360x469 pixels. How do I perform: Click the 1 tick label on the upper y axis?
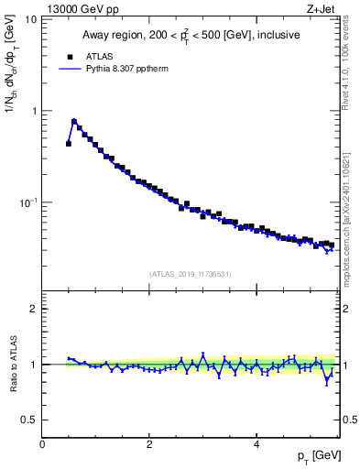coord(35,111)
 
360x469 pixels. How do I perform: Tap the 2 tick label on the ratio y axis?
coord(35,309)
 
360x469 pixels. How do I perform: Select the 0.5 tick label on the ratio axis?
coord(30,420)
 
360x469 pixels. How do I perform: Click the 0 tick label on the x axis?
coord(43,444)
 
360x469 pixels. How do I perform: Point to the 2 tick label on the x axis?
coord(149,444)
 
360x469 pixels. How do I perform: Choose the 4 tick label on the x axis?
coord(256,444)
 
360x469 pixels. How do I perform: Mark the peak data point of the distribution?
coord(74,121)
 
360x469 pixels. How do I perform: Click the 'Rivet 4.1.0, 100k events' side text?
coord(348,69)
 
